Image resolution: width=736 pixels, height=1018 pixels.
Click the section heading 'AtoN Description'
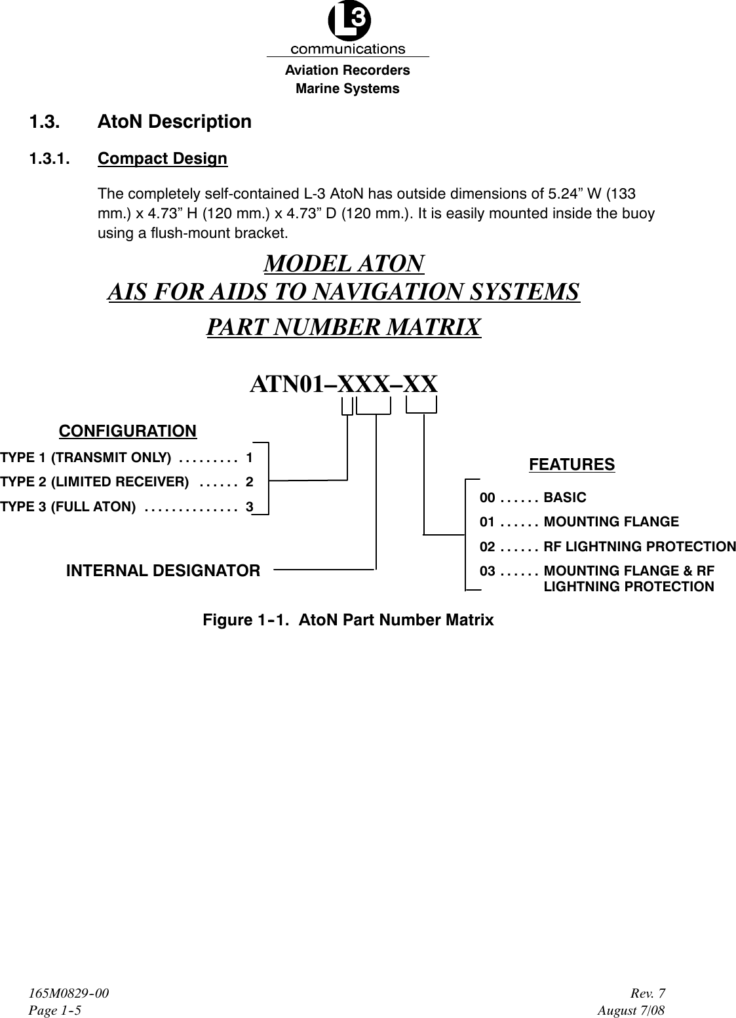coord(174,122)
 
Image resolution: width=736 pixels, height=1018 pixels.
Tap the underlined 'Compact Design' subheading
coord(162,159)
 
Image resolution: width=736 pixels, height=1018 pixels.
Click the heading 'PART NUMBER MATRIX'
coord(343,326)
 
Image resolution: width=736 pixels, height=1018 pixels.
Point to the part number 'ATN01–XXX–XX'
coord(343,384)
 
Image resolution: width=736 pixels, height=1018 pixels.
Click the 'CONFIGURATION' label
coord(128,431)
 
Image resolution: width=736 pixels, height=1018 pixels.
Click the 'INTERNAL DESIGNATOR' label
coord(163,571)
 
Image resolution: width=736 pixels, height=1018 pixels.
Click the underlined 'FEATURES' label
coord(571,465)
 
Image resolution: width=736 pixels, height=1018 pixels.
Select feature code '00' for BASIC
coord(488,498)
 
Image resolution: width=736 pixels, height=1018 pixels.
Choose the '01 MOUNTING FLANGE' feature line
coord(579,522)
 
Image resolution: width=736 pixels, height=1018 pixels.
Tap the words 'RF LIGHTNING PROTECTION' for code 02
coord(640,547)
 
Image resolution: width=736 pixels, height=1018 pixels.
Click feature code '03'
coord(488,571)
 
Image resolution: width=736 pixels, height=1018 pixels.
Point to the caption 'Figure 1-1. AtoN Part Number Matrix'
coord(348,620)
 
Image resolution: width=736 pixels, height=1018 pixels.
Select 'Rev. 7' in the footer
coord(650,994)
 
